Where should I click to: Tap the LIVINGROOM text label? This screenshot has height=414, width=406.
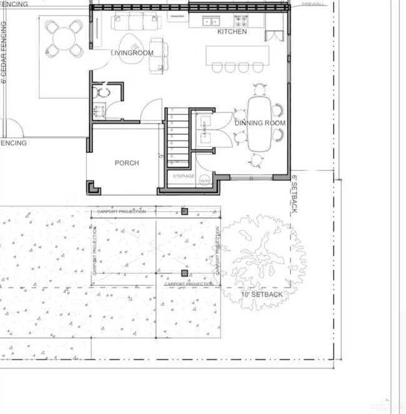[x=132, y=53]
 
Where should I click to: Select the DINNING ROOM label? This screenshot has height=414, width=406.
[x=260, y=123]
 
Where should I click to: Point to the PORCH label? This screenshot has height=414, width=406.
[x=127, y=163]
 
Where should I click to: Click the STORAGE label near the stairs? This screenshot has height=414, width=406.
[x=184, y=176]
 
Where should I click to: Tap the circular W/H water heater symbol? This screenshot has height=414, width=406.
[x=205, y=180]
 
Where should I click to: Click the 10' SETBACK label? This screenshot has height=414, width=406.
[x=262, y=294]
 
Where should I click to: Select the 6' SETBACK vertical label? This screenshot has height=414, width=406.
[x=294, y=194]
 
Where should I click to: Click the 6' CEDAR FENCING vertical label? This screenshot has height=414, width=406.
[x=4, y=53]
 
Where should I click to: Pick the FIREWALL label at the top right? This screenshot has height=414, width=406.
[x=313, y=4]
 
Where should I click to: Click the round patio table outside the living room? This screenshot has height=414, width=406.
[x=64, y=39]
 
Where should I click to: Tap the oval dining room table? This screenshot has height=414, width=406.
[x=259, y=123]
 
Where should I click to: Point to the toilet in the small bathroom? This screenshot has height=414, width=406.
[x=103, y=92]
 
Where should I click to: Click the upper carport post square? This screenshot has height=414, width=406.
[x=184, y=212]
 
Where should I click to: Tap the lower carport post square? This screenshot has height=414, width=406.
[x=184, y=273]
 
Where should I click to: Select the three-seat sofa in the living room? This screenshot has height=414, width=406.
[x=136, y=22]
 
